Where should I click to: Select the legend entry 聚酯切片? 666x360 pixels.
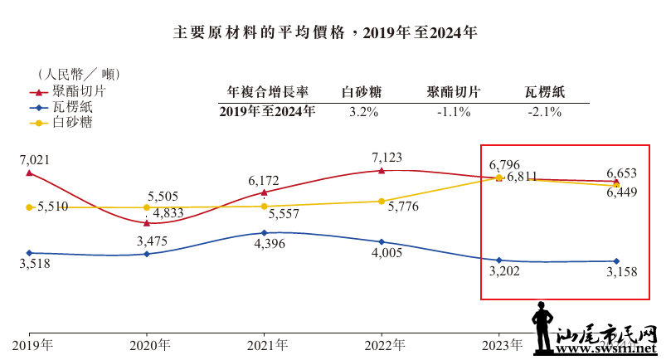click(x=75, y=91)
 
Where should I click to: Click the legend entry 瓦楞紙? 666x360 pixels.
click(x=68, y=107)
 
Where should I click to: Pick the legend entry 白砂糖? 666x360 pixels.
click(x=68, y=123)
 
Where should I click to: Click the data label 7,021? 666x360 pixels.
click(x=29, y=158)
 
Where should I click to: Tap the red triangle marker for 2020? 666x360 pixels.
click(x=147, y=222)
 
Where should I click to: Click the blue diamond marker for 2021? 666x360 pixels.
click(x=264, y=233)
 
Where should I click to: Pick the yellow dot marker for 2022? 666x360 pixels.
click(x=382, y=201)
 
